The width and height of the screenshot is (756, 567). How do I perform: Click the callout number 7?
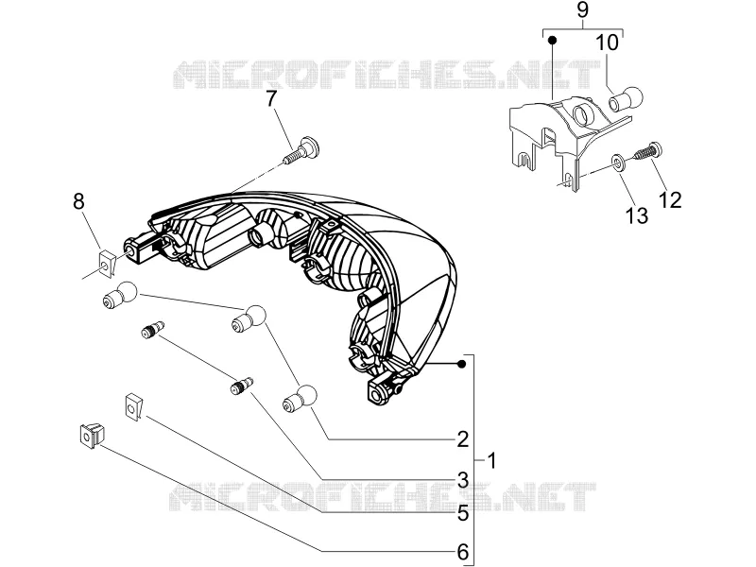pyautogui.click(x=271, y=99)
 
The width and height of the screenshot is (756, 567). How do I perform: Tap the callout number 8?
pyautogui.click(x=78, y=201)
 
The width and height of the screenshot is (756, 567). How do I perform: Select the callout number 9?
pyautogui.click(x=582, y=10)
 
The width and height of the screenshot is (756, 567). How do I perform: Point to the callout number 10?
pyautogui.click(x=608, y=43)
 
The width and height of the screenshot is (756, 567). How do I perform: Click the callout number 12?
pyautogui.click(x=671, y=200)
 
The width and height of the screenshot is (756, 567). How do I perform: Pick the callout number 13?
pyautogui.click(x=637, y=215)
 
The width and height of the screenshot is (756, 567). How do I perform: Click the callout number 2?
pyautogui.click(x=462, y=439)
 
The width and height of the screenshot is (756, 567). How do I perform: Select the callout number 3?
pyautogui.click(x=462, y=480)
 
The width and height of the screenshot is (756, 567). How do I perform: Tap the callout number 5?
pyautogui.click(x=462, y=514)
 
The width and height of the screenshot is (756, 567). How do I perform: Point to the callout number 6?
pyautogui.click(x=462, y=552)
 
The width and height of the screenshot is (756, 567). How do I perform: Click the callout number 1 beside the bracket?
pyautogui.click(x=491, y=461)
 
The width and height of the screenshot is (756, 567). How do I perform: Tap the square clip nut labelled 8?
pyautogui.click(x=106, y=263)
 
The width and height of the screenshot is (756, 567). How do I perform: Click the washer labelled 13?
pyautogui.click(x=619, y=162)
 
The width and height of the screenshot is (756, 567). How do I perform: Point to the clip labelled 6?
pyautogui.click(x=92, y=435)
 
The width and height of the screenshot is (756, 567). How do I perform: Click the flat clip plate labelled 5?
pyautogui.click(x=133, y=406)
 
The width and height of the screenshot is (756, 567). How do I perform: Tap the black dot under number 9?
pyautogui.click(x=553, y=40)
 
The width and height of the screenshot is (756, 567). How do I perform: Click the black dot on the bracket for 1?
pyautogui.click(x=462, y=364)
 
